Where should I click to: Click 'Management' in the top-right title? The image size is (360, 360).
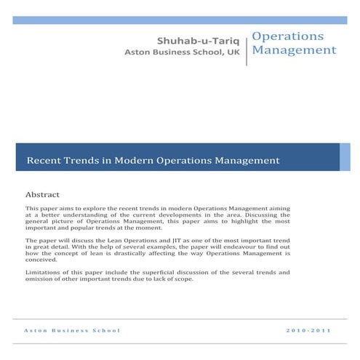294,50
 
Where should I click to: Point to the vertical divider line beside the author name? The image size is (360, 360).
247,47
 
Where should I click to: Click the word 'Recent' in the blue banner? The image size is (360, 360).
45,159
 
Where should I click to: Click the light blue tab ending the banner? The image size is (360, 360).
345,157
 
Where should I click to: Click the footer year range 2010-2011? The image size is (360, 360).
310,331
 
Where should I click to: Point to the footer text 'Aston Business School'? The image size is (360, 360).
72,331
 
